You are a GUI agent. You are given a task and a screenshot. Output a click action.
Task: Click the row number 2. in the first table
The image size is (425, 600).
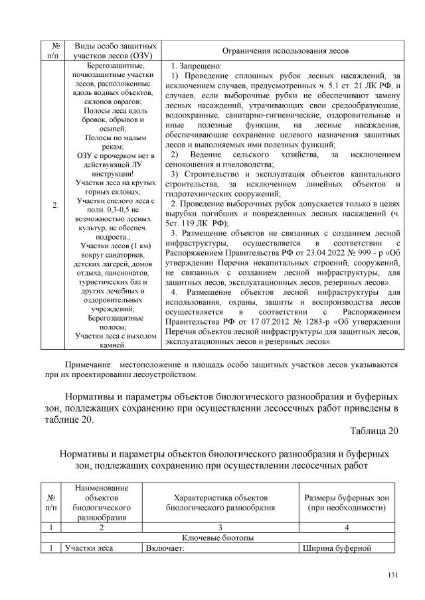[x=56, y=205]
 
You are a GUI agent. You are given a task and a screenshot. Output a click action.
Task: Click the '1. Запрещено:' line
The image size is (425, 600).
[x=196, y=67]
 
